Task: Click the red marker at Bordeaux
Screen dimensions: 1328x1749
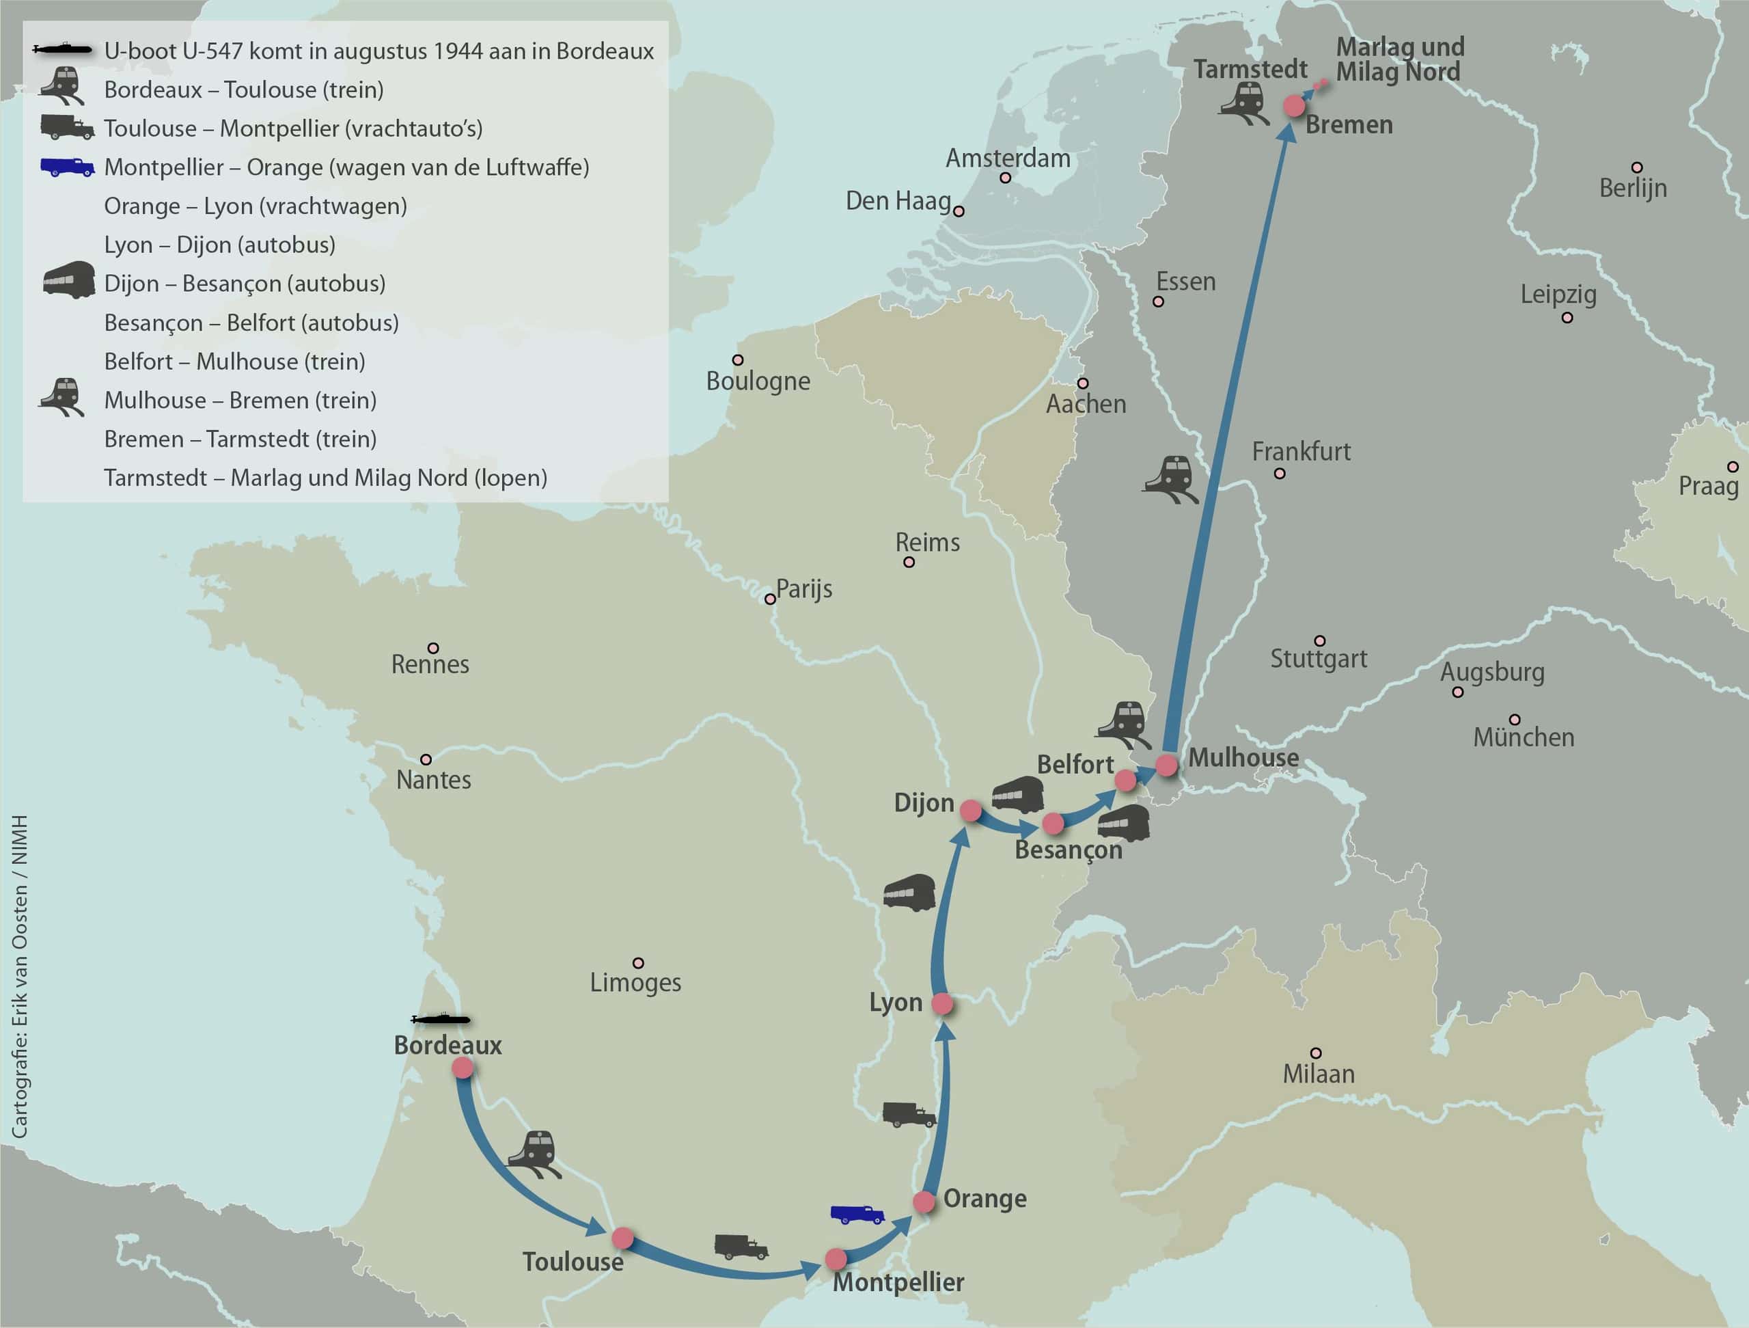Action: coord(463,1068)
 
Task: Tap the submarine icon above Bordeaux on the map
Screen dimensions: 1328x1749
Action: coord(441,1020)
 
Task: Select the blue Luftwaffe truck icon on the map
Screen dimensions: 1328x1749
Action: coord(856,1214)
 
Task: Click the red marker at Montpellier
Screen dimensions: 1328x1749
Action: coord(836,1258)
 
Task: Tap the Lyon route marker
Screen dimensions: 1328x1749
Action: coord(941,1005)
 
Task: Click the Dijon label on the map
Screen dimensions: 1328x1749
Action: coord(924,803)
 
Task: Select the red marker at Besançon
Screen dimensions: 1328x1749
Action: coord(1052,824)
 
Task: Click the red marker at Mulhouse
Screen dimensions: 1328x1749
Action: coord(1167,765)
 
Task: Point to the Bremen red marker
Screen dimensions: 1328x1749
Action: coord(1293,105)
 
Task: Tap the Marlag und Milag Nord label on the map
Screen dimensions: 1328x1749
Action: coord(1399,59)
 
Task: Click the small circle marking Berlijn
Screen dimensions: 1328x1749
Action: coord(1637,167)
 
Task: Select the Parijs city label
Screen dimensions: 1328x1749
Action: coord(803,589)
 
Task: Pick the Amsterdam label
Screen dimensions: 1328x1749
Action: coord(1008,158)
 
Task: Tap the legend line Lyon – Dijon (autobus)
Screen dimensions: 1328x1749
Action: coord(220,245)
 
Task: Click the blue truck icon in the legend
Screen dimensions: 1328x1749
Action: coord(67,167)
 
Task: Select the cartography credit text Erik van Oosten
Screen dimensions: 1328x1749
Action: coord(20,977)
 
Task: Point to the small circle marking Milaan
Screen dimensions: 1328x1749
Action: coord(1316,1053)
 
